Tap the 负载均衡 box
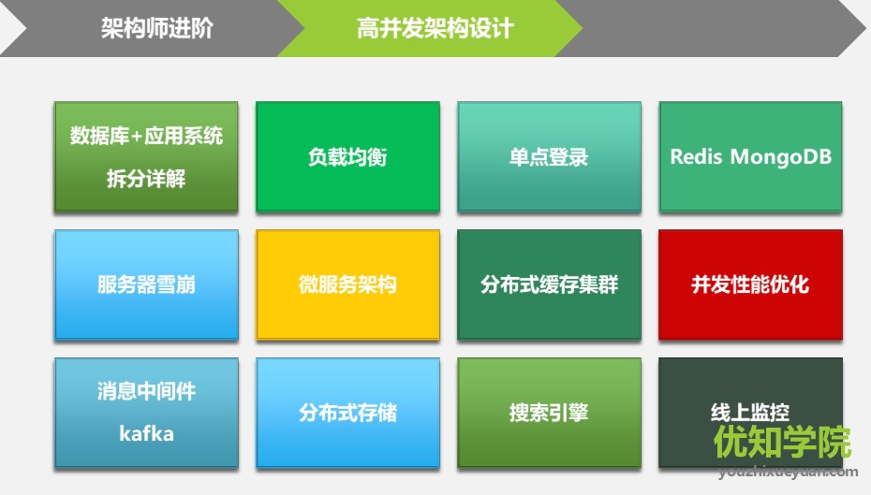point(347,156)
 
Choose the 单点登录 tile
point(549,156)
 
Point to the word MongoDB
point(781,157)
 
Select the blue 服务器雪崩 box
point(146,284)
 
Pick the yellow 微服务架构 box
point(347,284)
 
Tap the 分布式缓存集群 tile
point(549,284)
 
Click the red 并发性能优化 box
point(750,284)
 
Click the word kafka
point(147,433)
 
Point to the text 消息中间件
point(147,391)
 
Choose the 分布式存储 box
point(347,413)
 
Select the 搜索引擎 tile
point(549,413)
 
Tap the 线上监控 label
point(750,413)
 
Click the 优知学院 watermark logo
point(782,443)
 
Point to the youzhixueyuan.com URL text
point(788,472)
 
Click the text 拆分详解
point(146,179)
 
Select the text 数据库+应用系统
point(146,136)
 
